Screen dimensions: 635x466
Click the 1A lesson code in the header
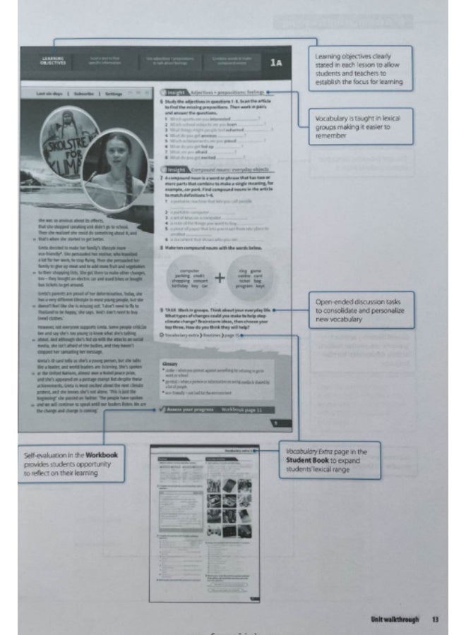276,63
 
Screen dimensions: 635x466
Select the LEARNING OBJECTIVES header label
53,61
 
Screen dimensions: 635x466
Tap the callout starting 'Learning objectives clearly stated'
360,68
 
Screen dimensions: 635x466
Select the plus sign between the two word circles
220,277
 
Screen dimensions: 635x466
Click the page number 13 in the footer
434,619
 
